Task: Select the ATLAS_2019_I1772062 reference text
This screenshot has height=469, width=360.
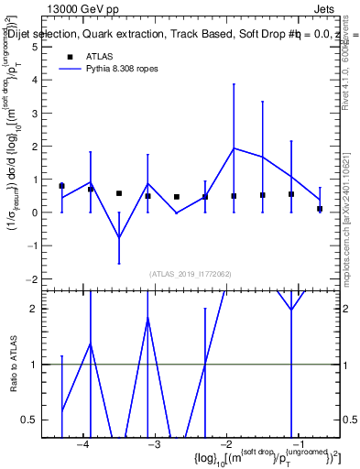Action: [x=191, y=273]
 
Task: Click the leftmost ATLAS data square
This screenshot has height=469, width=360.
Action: [x=61, y=186]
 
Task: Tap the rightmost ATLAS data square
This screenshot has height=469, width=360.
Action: [x=320, y=209]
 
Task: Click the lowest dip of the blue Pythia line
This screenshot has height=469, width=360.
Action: [x=119, y=238]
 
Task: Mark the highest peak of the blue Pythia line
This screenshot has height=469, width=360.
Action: [x=234, y=147]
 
